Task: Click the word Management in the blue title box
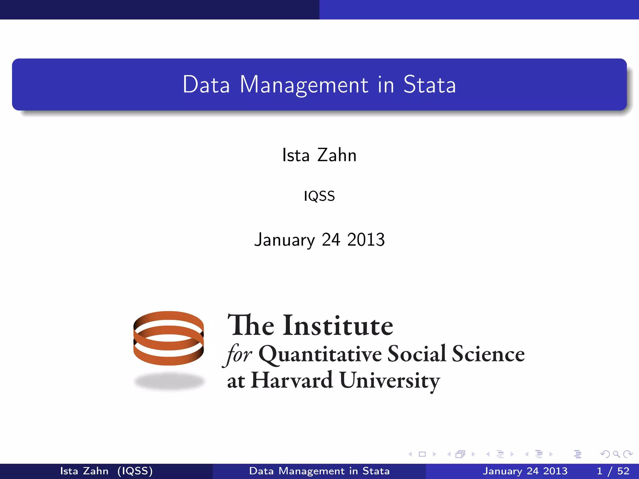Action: (304, 85)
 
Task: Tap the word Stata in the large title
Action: (429, 85)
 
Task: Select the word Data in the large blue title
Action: (206, 85)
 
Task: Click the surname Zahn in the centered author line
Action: (337, 155)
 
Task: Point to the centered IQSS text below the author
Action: (319, 196)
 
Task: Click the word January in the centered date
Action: (284, 240)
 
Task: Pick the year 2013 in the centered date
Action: (366, 240)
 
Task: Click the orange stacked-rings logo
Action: (168, 338)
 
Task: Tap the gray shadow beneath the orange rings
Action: (169, 381)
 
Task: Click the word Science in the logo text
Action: (488, 354)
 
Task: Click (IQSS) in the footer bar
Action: (135, 471)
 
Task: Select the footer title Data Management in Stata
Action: (319, 471)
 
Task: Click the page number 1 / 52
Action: (613, 471)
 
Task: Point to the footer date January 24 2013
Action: (525, 471)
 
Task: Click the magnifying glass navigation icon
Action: (616, 454)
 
